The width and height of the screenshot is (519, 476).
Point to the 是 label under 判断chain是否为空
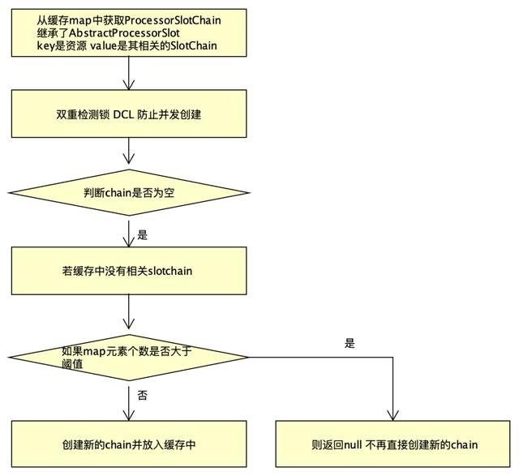[x=142, y=235]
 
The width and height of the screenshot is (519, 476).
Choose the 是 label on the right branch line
[x=350, y=344]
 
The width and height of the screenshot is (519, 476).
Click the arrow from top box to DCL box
[x=129, y=74]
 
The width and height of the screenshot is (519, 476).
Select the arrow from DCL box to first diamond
[x=129, y=152]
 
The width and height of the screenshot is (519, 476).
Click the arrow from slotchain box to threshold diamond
[x=129, y=312]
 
